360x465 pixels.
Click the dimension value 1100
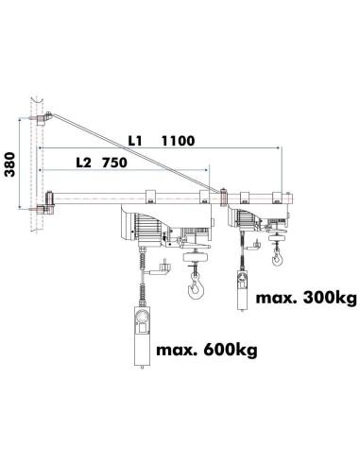(x=179, y=141)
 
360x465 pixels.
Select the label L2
(x=86, y=162)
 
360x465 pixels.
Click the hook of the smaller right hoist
(x=276, y=256)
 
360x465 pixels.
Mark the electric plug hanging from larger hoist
(x=167, y=269)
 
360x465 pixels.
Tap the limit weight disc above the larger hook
(x=196, y=257)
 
